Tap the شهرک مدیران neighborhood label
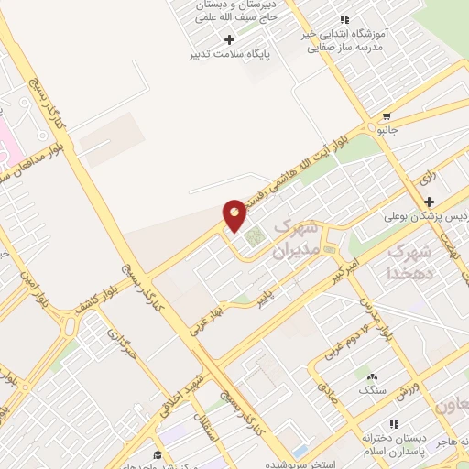tap(298, 237)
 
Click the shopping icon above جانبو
tap(387, 116)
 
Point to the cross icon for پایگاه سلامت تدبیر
tap(229, 39)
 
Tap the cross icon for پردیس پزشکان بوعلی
tap(429, 202)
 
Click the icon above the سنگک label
tap(371, 376)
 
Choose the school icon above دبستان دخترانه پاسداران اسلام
tap(394, 424)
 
